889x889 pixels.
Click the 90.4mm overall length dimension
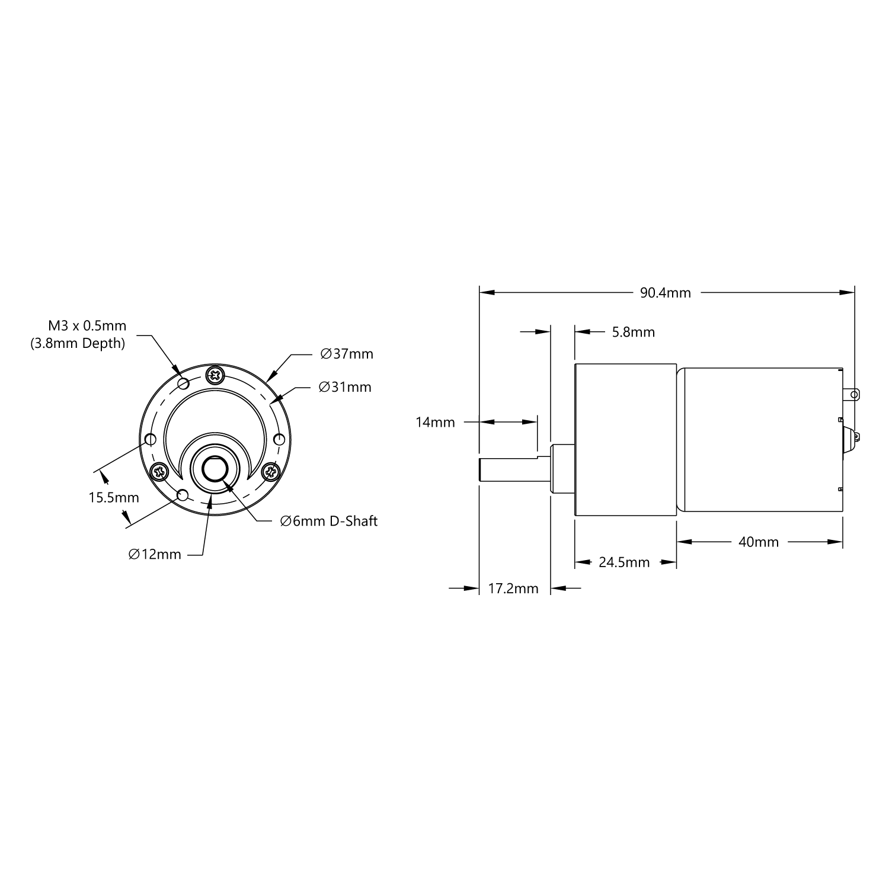[x=665, y=293]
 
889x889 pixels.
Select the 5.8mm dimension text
[x=633, y=332]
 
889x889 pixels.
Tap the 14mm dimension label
[x=435, y=422]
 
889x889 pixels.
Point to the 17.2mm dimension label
[x=513, y=589]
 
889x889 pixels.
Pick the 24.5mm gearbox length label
[x=624, y=562]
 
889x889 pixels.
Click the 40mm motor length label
[x=759, y=542]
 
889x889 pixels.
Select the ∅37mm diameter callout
[x=347, y=354]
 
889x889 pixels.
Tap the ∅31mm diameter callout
[x=345, y=387]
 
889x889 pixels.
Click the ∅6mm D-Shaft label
[x=328, y=521]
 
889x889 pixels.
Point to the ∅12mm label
[x=155, y=554]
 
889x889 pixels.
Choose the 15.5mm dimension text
[x=114, y=497]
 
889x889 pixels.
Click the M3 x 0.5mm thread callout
[x=87, y=325]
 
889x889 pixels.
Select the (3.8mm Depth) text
[x=78, y=343]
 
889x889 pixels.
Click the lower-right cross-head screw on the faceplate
[x=270, y=472]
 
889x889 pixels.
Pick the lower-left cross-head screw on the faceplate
[x=159, y=472]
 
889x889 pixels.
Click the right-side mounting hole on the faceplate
[x=279, y=439]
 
